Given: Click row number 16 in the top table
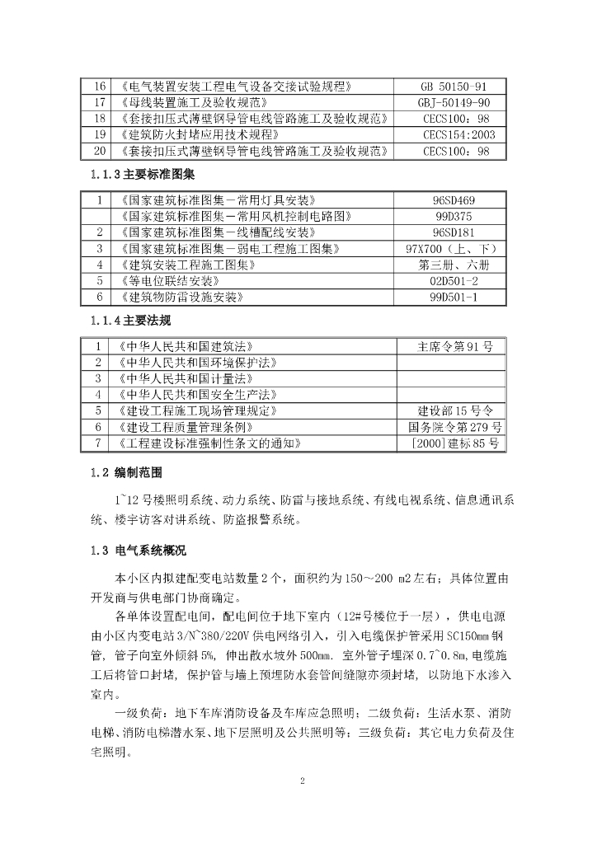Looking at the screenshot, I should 100,87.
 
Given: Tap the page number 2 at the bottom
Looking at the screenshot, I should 302,781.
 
